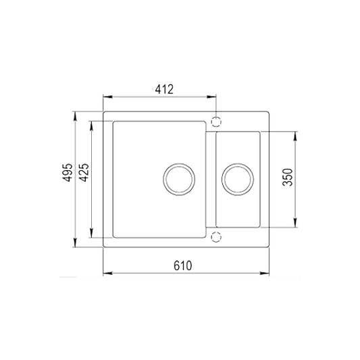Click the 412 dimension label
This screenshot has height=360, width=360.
pyautogui.click(x=164, y=88)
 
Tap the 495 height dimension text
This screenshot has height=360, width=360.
pyautogui.click(x=65, y=178)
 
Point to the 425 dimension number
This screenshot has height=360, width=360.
pyautogui.click(x=84, y=178)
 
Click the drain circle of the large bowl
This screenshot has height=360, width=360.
pyautogui.click(x=180, y=180)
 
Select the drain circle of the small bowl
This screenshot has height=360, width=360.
pyautogui.click(x=238, y=180)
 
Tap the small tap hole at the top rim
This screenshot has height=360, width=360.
pyautogui.click(x=217, y=122)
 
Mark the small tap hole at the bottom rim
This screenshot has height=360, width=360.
pyautogui.click(x=217, y=236)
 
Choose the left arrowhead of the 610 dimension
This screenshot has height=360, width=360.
pyautogui.click(x=106, y=274)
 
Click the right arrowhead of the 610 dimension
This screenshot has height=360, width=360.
pyautogui.click(x=267, y=274)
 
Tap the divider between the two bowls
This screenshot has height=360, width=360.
pyautogui.click(x=210, y=180)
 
